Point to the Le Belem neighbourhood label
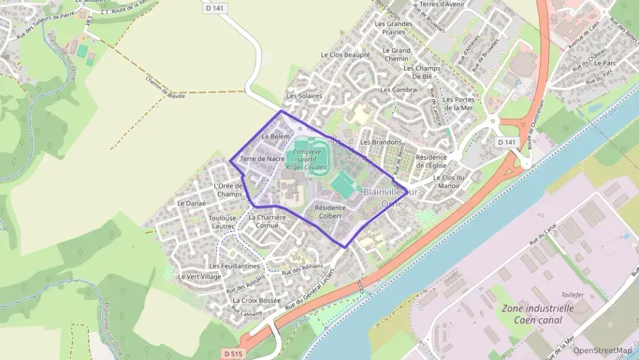pyautogui.click(x=276, y=137)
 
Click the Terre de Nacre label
pyautogui.click(x=262, y=158)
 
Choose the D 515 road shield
pyautogui.click(x=232, y=353)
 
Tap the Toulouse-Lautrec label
pyautogui.click(x=222, y=221)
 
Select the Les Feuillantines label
pyautogui.click(x=234, y=266)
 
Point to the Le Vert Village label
pyautogui.click(x=199, y=277)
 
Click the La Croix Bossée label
pyautogui.click(x=257, y=300)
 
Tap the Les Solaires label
pyautogui.click(x=304, y=96)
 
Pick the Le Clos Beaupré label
pyautogui.click(x=345, y=55)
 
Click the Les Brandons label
pyautogui.click(x=381, y=142)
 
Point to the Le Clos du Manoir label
pyautogui.click(x=449, y=182)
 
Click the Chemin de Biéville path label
pyautogui.click(x=165, y=87)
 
